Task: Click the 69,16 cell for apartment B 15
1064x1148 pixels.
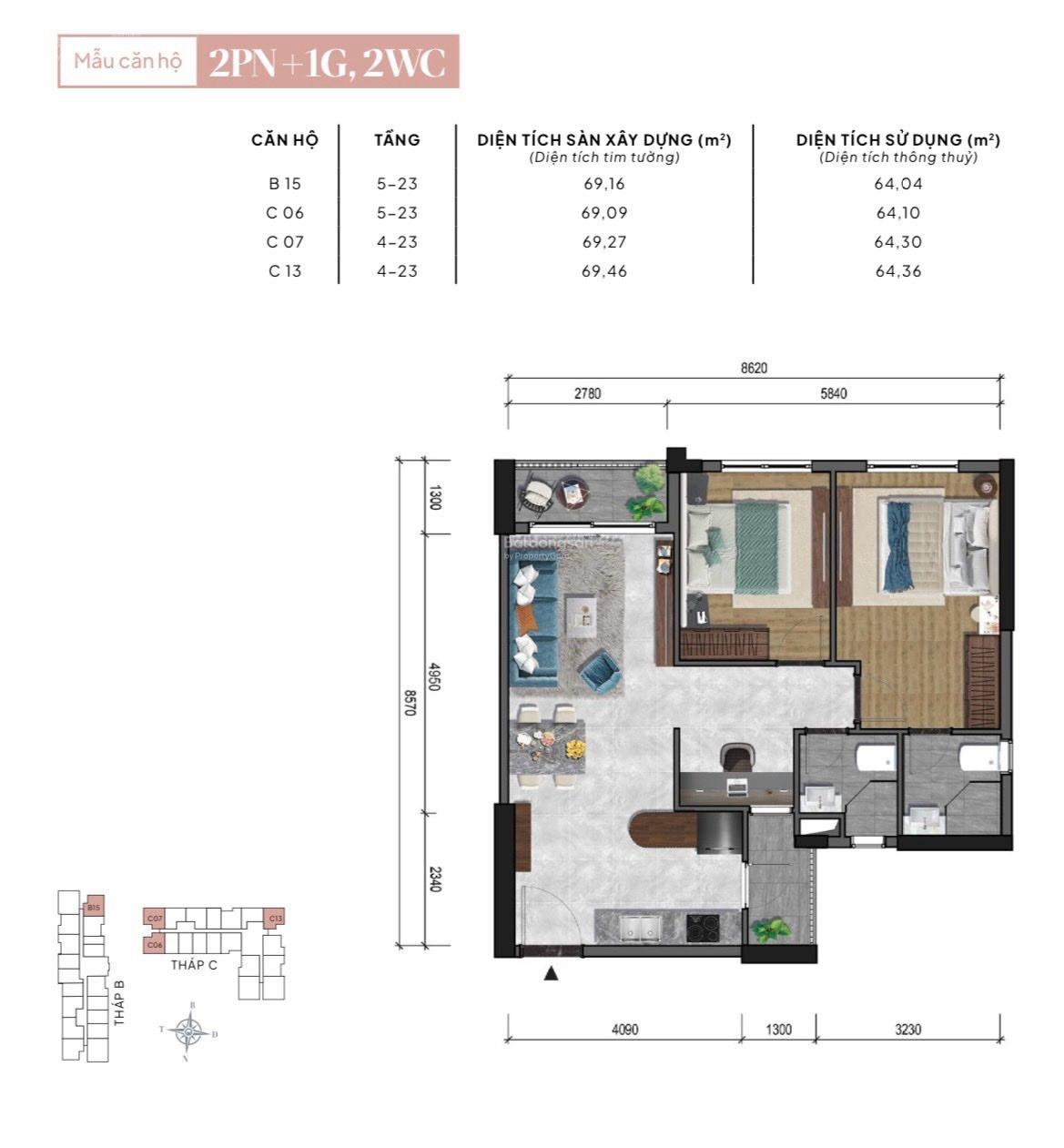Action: point(603,184)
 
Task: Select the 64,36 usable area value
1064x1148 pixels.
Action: point(897,271)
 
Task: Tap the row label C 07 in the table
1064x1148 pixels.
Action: point(285,242)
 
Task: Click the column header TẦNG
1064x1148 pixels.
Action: point(397,140)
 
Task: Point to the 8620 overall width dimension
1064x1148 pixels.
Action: point(754,368)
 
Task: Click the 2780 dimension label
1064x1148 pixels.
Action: point(587,393)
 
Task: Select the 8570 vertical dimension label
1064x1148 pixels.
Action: point(410,701)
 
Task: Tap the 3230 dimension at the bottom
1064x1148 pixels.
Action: point(907,1030)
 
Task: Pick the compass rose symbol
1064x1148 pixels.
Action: point(189,1031)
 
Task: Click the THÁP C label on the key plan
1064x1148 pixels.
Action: point(194,965)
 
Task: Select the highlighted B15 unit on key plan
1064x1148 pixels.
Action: point(94,907)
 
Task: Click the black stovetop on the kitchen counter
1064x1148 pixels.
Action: point(702,927)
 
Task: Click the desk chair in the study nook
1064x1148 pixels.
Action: point(736,757)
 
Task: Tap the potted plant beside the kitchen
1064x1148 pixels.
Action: point(772,929)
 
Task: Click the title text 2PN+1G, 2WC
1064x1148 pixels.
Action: point(327,62)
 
